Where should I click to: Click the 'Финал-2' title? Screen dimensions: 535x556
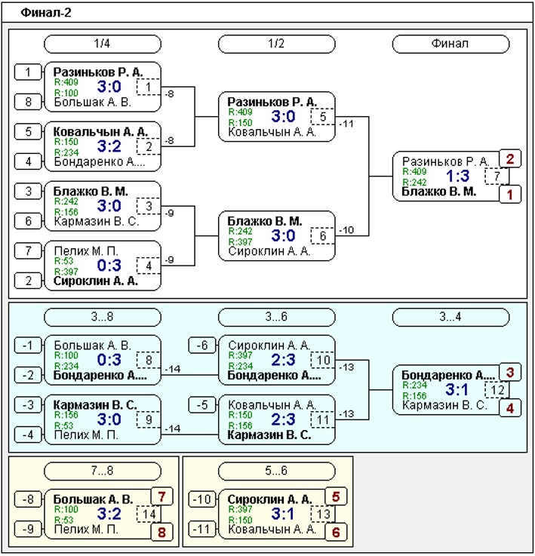pos(46,13)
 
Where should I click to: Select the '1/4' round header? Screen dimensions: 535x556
pos(103,44)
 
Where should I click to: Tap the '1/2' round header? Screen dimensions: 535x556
pos(277,44)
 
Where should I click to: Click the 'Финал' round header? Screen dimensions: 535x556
pos(450,44)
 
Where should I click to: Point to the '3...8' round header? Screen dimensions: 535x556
pos(103,317)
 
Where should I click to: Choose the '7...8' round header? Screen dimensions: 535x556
pos(103,472)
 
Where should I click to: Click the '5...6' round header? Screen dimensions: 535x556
pos(277,472)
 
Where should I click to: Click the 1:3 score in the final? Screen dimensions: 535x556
pos(458,176)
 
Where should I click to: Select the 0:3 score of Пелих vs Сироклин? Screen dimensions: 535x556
pos(109,266)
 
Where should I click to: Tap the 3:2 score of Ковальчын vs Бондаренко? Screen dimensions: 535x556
pos(109,146)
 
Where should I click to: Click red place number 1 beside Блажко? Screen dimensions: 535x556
pos(510,195)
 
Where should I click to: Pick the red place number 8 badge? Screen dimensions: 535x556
pos(161,532)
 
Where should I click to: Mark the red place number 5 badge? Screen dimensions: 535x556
pos(336,496)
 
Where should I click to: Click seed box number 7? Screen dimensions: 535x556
pos(28,251)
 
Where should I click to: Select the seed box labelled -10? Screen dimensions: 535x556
pos(202,499)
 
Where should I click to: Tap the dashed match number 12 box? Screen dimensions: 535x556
pos(497,390)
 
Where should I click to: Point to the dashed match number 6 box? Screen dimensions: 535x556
pos(323,236)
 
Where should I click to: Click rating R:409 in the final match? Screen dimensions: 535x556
pos(414,172)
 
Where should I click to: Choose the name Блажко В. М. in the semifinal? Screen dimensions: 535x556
pos(265,221)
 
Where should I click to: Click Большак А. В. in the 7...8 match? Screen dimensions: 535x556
pos(93,499)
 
